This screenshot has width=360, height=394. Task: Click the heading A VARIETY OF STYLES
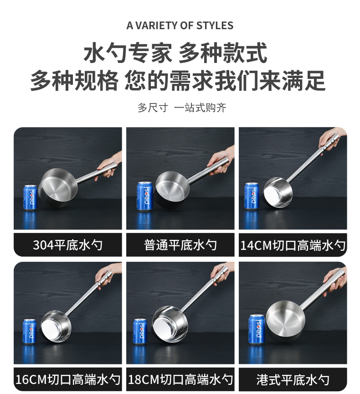click(x=180, y=26)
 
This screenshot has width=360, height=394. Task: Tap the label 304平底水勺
click(x=67, y=245)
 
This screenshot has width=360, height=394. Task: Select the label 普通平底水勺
click(x=180, y=245)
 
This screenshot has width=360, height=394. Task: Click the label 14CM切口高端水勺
click(x=293, y=245)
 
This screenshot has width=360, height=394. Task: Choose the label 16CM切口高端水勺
click(x=68, y=379)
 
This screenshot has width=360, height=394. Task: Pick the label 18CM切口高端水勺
click(x=180, y=379)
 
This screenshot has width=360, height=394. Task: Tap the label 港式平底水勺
click(x=293, y=379)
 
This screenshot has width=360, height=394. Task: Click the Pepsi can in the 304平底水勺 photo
click(x=30, y=197)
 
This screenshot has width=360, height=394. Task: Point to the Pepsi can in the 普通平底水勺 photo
click(x=144, y=196)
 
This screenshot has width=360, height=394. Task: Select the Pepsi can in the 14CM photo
click(x=252, y=196)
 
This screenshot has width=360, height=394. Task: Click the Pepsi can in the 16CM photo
click(x=29, y=331)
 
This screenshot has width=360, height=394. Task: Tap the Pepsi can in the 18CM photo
click(x=140, y=331)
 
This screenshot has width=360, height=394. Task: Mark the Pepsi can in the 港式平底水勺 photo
click(x=257, y=329)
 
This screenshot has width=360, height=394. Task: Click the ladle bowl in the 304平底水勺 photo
click(x=58, y=187)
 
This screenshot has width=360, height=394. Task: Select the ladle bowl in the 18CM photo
click(x=170, y=324)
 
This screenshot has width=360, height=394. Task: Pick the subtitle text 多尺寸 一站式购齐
click(x=182, y=108)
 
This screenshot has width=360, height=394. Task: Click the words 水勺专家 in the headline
click(x=128, y=53)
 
